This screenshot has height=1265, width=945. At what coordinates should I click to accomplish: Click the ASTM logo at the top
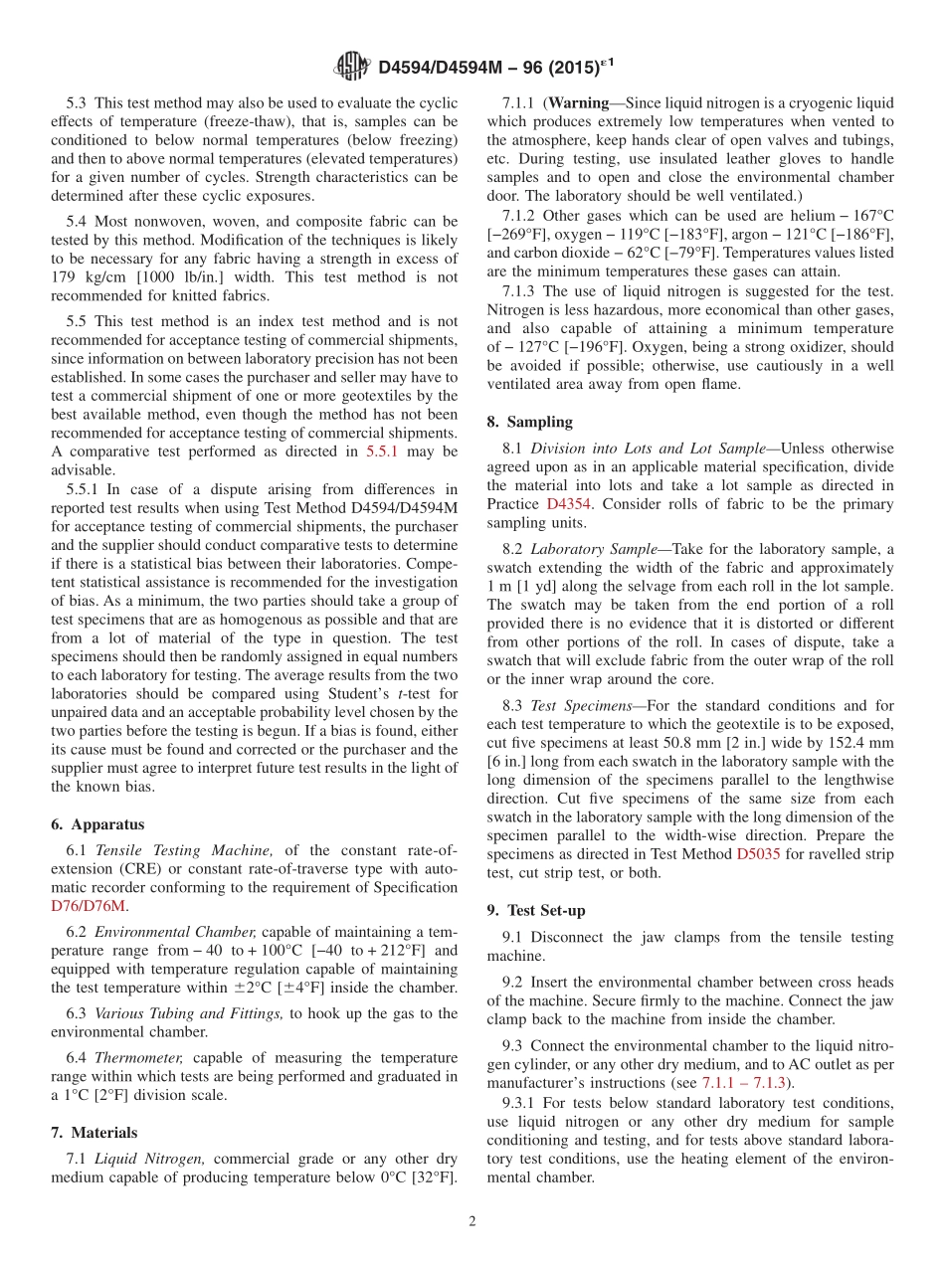click(352, 67)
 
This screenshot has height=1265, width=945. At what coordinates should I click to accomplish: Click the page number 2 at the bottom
click(472, 1221)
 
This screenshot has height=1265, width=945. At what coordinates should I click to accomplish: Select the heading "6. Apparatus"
click(97, 824)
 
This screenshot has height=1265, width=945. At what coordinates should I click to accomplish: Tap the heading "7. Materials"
click(94, 1133)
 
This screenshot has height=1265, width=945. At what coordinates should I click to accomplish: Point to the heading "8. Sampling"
click(529, 422)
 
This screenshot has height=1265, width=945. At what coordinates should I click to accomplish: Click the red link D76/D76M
click(89, 906)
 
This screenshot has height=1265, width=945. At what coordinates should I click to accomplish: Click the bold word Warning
click(578, 102)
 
